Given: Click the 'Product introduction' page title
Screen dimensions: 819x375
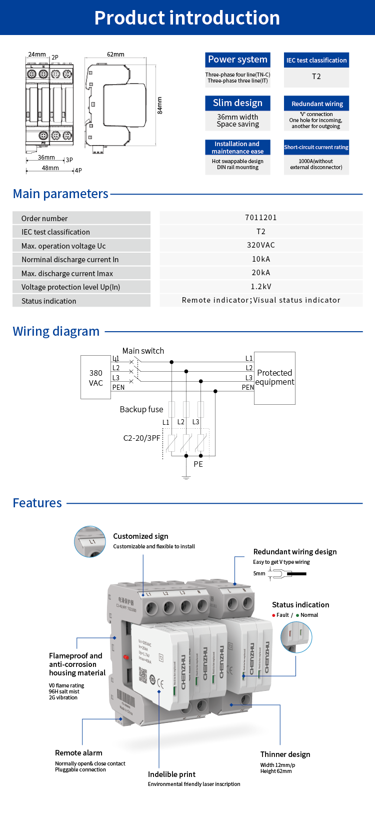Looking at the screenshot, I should (x=187, y=18).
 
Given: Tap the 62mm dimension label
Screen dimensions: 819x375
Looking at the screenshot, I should (x=115, y=54).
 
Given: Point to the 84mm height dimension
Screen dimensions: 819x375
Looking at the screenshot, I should (x=160, y=105).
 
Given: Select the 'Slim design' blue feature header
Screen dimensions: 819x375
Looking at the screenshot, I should (x=237, y=103).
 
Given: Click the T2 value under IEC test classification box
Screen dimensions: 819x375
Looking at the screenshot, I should (x=316, y=77).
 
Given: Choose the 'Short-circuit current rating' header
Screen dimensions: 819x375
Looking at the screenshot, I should (x=316, y=147).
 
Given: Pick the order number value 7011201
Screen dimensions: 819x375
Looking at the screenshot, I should (x=261, y=218).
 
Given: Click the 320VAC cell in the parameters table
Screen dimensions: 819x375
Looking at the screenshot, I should (x=261, y=245).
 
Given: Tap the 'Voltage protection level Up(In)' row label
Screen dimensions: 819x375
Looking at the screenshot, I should (x=70, y=287).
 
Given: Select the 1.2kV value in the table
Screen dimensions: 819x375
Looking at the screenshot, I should (x=261, y=287).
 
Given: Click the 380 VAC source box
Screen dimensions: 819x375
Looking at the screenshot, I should (x=96, y=378).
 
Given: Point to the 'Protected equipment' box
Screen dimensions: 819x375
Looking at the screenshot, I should (x=274, y=378).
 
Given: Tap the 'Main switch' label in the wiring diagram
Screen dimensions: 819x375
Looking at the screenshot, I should (x=143, y=351).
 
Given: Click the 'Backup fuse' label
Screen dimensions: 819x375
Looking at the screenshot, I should (x=141, y=409).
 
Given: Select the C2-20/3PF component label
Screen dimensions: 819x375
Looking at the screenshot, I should (x=142, y=438).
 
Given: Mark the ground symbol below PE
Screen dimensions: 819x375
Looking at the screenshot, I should (x=186, y=477).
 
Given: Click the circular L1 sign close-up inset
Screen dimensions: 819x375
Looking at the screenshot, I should (x=90, y=541).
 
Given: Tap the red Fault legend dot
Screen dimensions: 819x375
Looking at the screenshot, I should (x=273, y=615).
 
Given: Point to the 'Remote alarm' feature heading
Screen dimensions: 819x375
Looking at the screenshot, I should (x=78, y=753).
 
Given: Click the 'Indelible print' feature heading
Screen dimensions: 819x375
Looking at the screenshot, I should (x=171, y=774).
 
